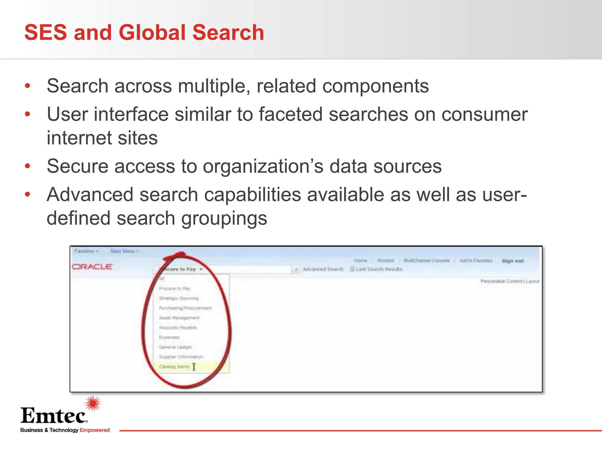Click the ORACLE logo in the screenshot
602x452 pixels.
(92, 267)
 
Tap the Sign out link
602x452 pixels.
(513, 261)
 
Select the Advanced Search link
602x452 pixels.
(323, 269)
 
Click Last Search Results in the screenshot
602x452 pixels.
(379, 269)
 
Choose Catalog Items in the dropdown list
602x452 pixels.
(174, 367)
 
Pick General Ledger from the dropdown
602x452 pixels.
(175, 347)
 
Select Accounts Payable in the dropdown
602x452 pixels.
(178, 328)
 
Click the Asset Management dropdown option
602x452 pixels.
(179, 318)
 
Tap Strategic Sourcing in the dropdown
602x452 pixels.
(179, 298)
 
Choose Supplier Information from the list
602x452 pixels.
(181, 357)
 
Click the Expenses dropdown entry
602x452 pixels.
(169, 337)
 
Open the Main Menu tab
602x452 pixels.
(124, 251)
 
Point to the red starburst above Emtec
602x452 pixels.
(93, 403)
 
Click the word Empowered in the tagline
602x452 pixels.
(95, 430)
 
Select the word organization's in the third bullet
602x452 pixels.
(263, 166)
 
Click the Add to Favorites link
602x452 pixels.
(476, 261)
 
